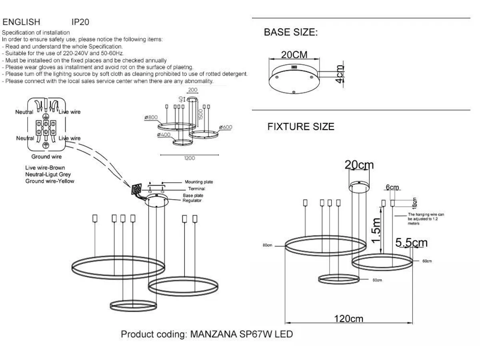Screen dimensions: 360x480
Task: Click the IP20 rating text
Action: pos(80,22)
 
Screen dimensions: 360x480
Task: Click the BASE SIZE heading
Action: pos(290,33)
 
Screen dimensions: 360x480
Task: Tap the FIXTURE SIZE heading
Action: pos(301,127)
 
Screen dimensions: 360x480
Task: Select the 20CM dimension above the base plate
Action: pos(294,55)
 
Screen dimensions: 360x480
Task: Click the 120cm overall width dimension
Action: pos(348,319)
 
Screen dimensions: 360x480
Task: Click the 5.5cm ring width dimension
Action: pos(411,242)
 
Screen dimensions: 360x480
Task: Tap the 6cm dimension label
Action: pos(392,187)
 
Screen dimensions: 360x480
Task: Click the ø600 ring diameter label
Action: pos(225,127)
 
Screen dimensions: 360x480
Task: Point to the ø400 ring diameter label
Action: pos(164,135)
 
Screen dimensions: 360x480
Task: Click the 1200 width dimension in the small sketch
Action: pos(190,158)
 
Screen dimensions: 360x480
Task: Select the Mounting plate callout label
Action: pos(199,182)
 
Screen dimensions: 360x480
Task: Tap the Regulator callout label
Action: pos(192,200)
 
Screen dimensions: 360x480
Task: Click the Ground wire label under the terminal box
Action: pos(46,157)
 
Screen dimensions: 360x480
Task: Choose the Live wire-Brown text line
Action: pos(45,168)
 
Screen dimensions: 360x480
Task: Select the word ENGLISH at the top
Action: pos(21,22)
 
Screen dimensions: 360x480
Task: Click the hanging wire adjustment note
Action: pos(426,219)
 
